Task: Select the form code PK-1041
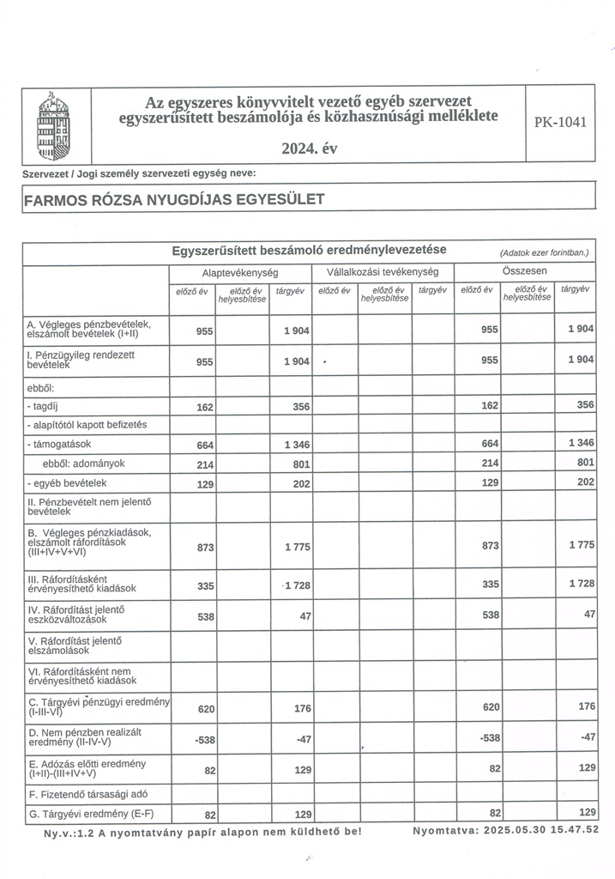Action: point(560,123)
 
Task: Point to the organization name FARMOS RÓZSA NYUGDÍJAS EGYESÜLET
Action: point(174,200)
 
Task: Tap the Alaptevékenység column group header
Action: point(239,271)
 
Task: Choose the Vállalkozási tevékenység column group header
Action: point(383,271)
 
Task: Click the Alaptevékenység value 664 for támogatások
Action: point(204,445)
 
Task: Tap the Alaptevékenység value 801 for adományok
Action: point(300,464)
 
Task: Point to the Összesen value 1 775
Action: point(579,546)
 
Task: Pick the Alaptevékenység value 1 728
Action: point(295,585)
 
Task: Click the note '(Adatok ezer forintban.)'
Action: point(545,253)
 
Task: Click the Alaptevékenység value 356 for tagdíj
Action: point(300,407)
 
